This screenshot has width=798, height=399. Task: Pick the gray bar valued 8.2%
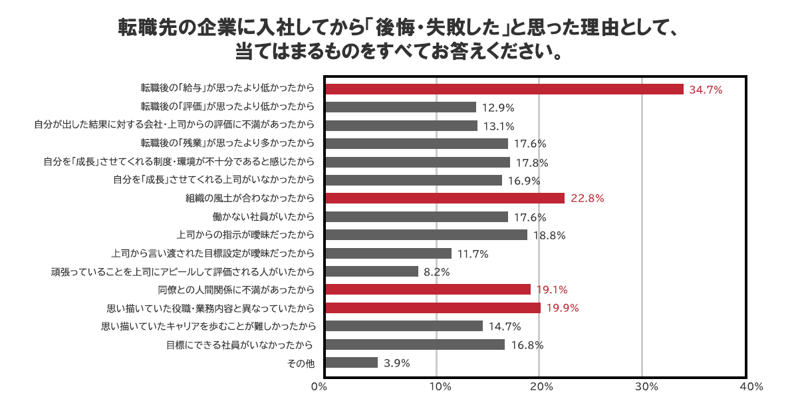[x=372, y=271]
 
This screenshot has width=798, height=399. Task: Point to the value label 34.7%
[x=706, y=89]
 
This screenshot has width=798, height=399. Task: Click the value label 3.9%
[x=396, y=363]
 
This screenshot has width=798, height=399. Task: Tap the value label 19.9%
[x=562, y=308]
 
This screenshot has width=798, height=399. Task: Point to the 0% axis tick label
[x=320, y=386]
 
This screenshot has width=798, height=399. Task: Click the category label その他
[x=300, y=363]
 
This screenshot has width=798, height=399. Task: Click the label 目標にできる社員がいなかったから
[x=240, y=344]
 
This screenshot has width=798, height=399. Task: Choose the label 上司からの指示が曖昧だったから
[x=245, y=235]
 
